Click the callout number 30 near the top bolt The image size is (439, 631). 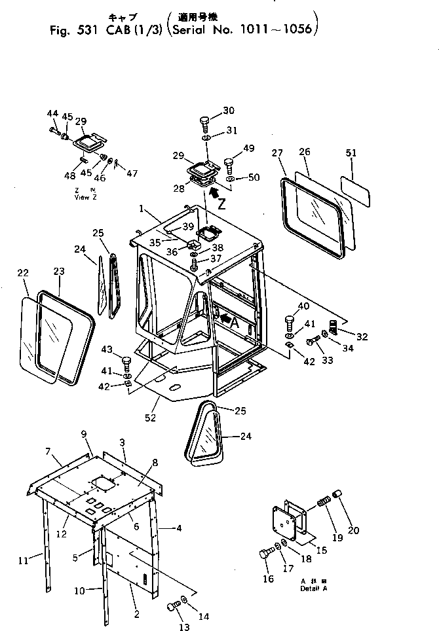[x=210, y=110]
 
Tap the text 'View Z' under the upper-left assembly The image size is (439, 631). [x=85, y=197]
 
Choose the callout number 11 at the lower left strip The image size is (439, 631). [x=23, y=560]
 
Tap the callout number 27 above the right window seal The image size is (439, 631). [x=277, y=153]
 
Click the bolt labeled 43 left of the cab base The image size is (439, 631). [x=126, y=360]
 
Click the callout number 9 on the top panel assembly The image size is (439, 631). [x=84, y=434]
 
